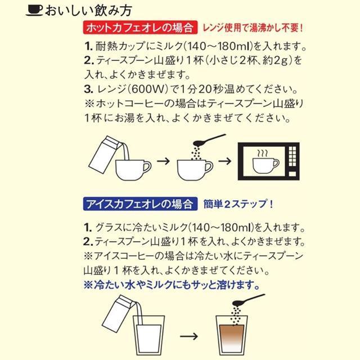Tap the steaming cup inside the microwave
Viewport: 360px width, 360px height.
click(264, 163)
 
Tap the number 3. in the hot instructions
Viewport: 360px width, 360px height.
click(88, 89)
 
